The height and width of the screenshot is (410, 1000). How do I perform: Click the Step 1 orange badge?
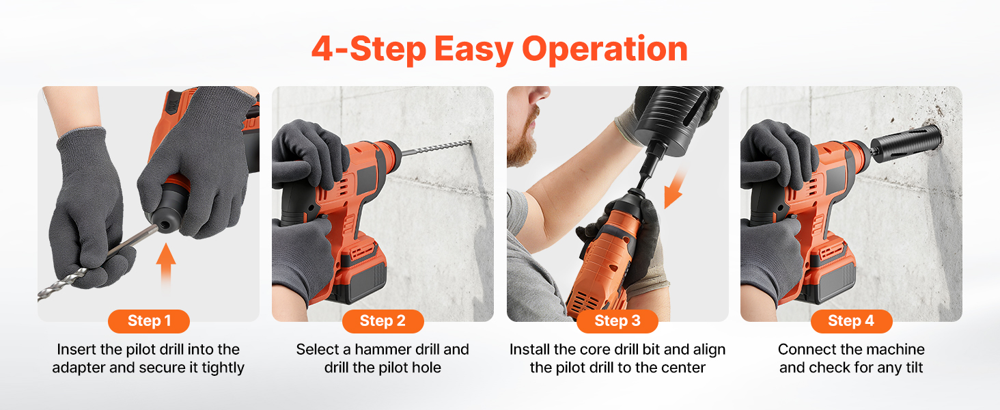point(149,321)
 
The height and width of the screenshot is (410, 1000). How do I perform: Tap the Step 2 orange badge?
point(383,321)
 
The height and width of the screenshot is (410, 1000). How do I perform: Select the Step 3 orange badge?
point(617,321)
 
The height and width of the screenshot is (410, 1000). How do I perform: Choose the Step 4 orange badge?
point(851,321)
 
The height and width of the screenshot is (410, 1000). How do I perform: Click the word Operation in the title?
point(605,50)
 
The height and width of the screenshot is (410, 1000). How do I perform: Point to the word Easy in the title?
point(474,50)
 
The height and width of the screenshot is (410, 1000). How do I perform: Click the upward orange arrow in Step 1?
point(165,266)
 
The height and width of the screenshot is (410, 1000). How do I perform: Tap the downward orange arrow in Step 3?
point(675,188)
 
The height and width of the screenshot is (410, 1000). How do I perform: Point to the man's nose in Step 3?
point(542,92)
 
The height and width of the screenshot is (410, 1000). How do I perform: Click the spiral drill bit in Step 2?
point(436,148)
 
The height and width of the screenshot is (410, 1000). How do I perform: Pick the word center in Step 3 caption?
point(682,368)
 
